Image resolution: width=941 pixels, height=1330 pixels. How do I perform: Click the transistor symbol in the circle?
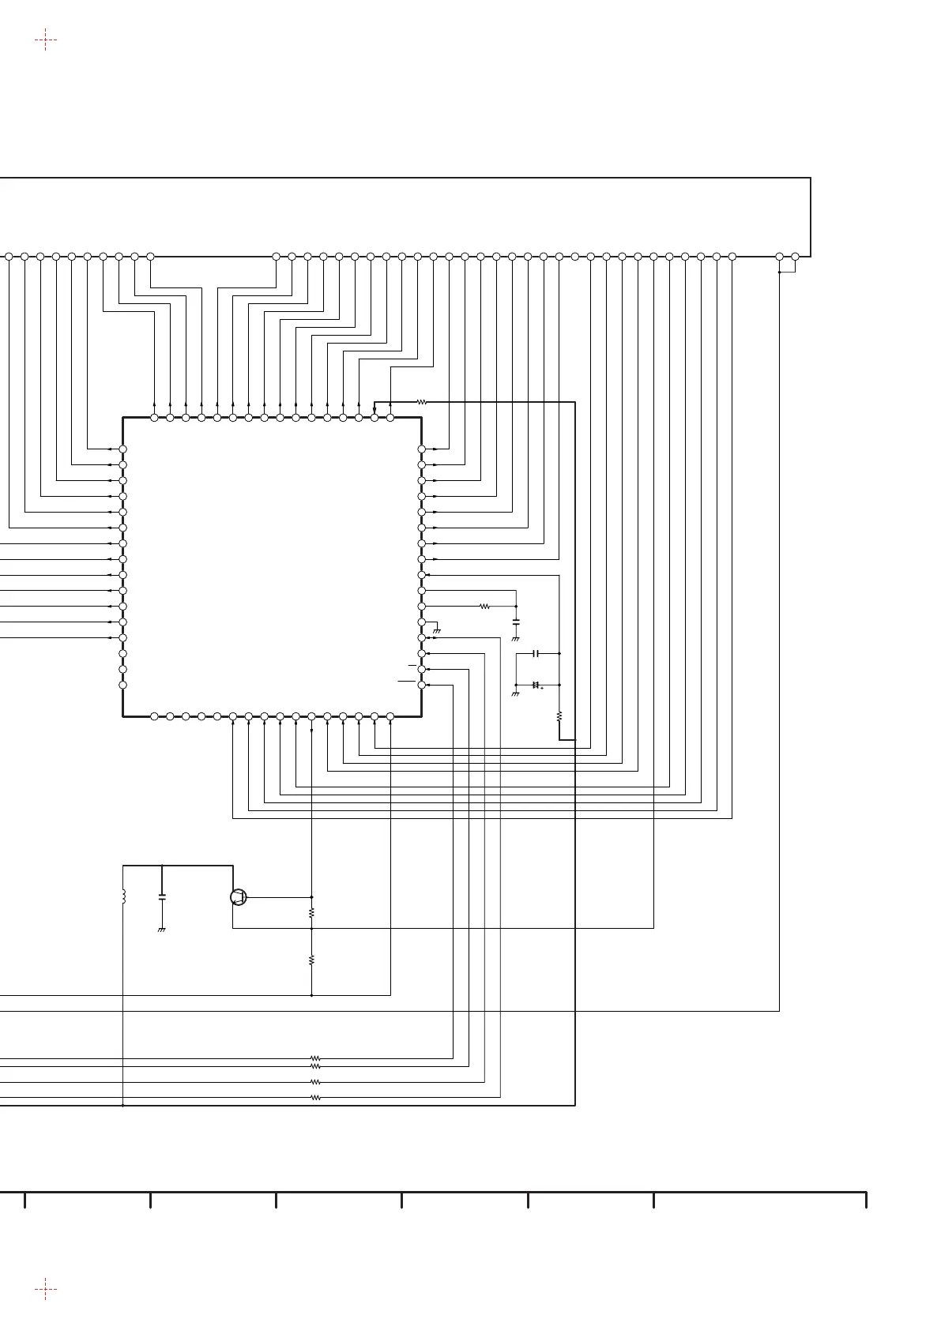238,897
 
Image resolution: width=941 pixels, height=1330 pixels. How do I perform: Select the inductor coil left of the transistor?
124,897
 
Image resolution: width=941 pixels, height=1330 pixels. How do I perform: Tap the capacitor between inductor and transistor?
162,897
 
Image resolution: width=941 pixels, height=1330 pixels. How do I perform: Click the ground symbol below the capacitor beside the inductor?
162,930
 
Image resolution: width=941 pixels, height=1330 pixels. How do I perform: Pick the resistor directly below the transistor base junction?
312,912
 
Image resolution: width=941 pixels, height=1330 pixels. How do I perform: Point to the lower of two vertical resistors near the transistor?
312,960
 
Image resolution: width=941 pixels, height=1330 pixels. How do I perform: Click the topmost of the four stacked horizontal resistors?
315,1058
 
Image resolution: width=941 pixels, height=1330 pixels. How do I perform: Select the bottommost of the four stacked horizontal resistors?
315,1098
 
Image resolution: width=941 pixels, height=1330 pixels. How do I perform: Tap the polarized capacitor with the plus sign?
536,685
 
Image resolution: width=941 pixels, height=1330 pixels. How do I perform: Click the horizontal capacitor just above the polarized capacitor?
536,654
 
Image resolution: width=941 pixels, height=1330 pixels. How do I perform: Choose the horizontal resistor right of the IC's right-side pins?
484,607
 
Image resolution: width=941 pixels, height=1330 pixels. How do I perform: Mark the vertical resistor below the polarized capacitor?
559,716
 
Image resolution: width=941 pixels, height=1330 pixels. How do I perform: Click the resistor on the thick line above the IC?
422,402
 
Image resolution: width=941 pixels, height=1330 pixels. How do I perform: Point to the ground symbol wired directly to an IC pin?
436,631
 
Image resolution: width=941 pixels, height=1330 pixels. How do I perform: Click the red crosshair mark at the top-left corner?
46,39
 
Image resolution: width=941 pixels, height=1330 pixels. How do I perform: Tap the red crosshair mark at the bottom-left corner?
46,1291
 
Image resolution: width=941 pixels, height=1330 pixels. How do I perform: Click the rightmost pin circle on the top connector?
796,257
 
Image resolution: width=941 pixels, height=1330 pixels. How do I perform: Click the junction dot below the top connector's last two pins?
780,272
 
